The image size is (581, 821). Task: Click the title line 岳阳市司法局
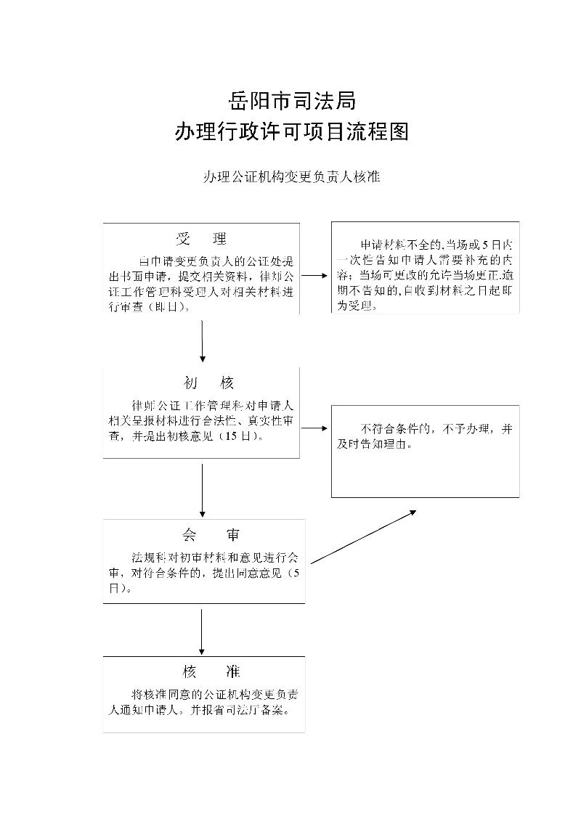pyautogui.click(x=291, y=99)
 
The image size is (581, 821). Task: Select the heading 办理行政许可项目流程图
pyautogui.click(x=291, y=131)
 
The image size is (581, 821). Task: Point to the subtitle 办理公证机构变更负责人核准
pyautogui.click(x=291, y=176)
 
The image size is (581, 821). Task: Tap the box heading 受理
pyautogui.click(x=201, y=239)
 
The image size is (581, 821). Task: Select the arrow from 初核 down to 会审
pyautogui.click(x=202, y=490)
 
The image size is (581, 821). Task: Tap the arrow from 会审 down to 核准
pyautogui.click(x=202, y=630)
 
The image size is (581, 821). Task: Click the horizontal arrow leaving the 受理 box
pyautogui.click(x=314, y=276)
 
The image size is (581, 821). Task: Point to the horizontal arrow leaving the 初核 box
pyautogui.click(x=314, y=428)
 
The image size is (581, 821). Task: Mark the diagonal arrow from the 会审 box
pyautogui.click(x=363, y=536)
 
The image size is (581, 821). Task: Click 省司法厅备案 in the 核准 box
pyautogui.click(x=254, y=711)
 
